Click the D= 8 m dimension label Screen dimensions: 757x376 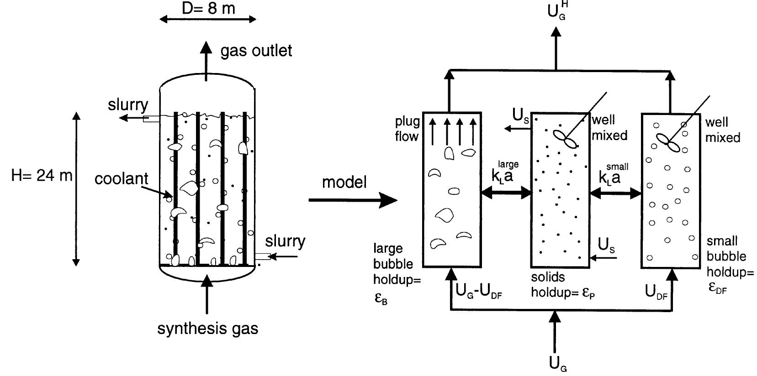(208, 8)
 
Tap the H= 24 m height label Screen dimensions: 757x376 (42, 176)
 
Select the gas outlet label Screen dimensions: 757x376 (256, 51)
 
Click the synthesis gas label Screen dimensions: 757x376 (207, 329)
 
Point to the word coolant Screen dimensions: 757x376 (122, 178)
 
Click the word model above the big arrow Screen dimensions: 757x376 (344, 182)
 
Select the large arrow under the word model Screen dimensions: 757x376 (353, 200)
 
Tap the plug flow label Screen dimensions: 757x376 (407, 129)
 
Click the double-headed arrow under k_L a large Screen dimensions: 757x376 (506, 193)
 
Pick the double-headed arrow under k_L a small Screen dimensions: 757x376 (615, 193)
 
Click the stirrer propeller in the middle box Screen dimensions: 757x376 (565, 139)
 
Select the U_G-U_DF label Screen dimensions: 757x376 (479, 291)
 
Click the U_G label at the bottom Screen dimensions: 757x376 (558, 364)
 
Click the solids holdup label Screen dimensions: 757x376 (563, 285)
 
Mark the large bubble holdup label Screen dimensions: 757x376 (397, 273)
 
